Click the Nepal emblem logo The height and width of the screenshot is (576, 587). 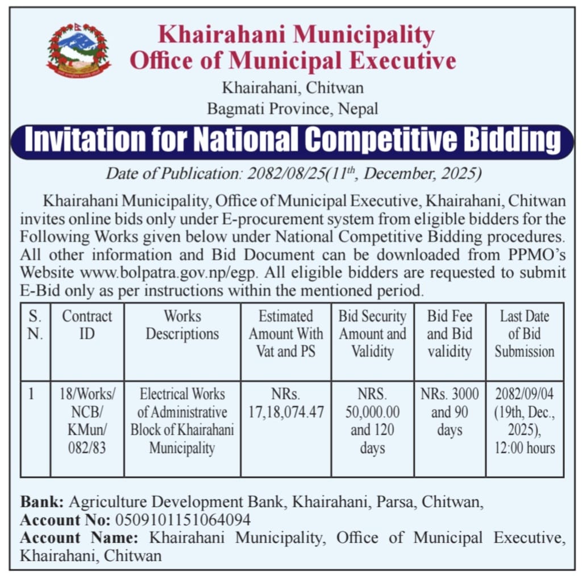click(78, 51)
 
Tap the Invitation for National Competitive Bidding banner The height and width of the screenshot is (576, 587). click(292, 141)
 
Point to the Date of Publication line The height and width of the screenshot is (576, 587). click(293, 173)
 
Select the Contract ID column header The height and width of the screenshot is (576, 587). click(87, 325)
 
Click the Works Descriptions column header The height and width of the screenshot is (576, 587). click(182, 325)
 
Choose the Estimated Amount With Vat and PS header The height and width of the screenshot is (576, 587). click(286, 333)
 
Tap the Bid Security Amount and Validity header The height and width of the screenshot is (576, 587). click(372, 333)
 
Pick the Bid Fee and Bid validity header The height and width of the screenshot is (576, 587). click(449, 333)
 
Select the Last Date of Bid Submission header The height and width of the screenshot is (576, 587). click(524, 333)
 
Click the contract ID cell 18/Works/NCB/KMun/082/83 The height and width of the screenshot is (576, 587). click(87, 421)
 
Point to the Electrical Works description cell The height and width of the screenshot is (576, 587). click(182, 421)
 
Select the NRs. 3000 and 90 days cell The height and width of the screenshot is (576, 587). click(449, 412)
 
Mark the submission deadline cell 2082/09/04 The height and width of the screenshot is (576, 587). click(524, 421)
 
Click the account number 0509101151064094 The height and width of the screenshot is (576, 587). click(183, 520)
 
